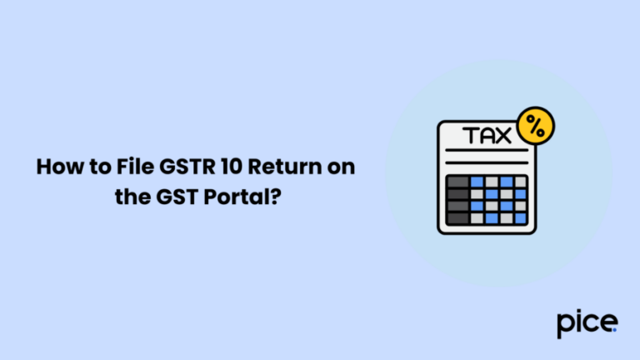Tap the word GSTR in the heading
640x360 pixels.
coord(176,167)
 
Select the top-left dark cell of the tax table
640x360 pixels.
coord(459,181)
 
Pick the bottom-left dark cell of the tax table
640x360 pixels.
coord(459,218)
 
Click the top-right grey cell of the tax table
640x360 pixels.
coord(520,181)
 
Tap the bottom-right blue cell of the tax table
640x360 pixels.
coord(520,218)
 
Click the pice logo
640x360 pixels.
coord(587,323)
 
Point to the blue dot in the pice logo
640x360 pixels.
coord(616,329)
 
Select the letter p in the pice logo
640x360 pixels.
coord(564,325)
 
